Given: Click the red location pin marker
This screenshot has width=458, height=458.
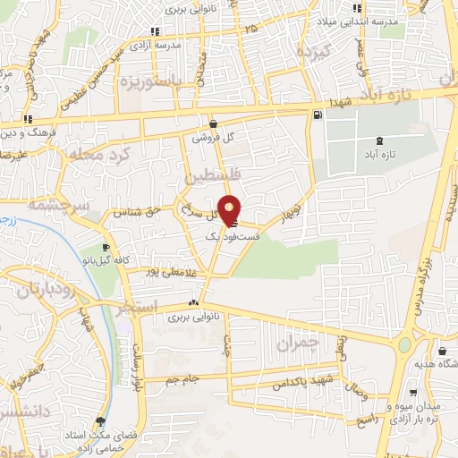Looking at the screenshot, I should coord(230,208).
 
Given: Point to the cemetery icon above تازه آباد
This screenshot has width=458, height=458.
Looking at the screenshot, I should coord(382,140).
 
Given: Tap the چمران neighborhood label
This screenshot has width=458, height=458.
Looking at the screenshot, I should coord(297,343).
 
